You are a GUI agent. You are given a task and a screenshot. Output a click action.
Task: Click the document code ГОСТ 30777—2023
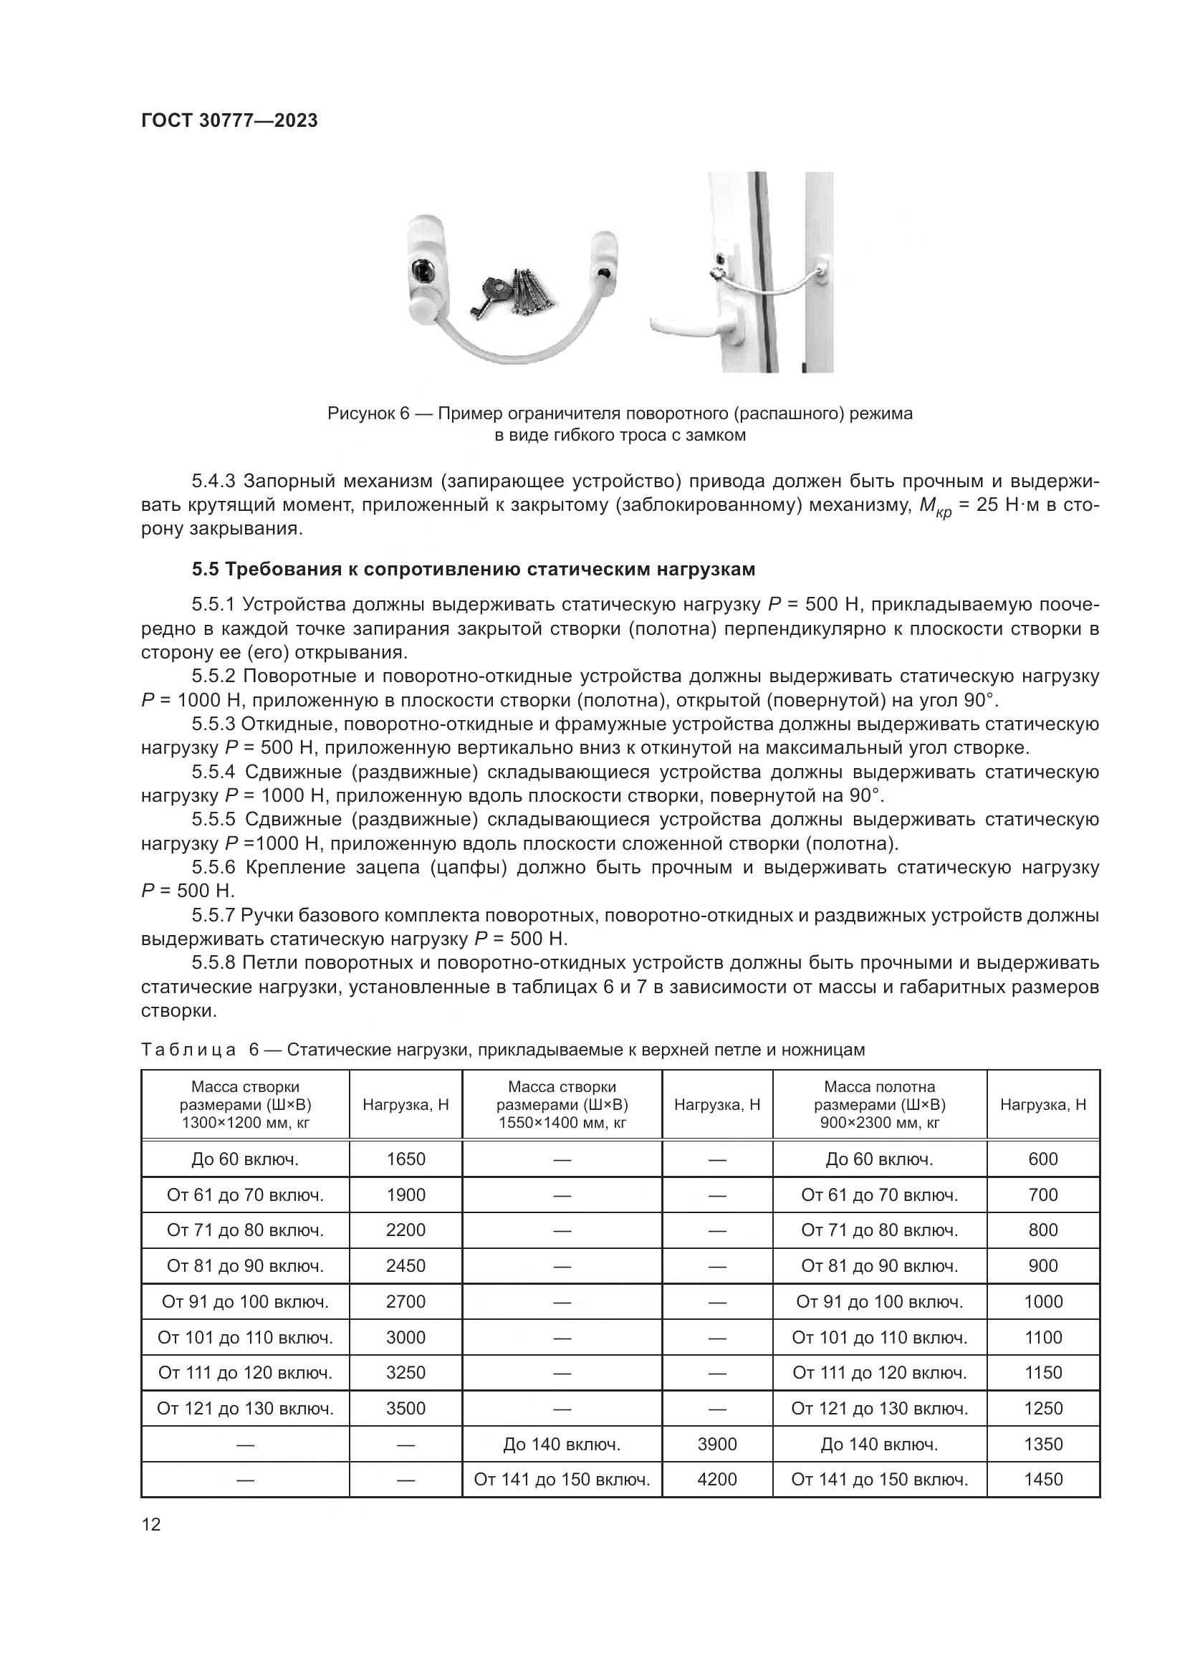tap(229, 120)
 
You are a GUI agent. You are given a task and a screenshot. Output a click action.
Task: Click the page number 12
tap(151, 1524)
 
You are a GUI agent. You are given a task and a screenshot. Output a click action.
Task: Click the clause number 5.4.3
tap(214, 481)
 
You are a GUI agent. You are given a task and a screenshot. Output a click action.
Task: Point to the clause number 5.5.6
tap(214, 867)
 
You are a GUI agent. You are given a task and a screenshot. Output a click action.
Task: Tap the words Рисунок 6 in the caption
tap(368, 414)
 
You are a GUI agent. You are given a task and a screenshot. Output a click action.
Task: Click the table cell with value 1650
tap(406, 1159)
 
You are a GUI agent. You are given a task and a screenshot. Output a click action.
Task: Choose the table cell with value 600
tap(1042, 1159)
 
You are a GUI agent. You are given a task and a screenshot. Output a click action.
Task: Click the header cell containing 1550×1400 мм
tap(562, 1104)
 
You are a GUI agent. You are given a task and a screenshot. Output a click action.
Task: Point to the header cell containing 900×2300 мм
tap(879, 1104)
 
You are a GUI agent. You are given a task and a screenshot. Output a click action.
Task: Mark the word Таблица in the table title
tap(188, 1050)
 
